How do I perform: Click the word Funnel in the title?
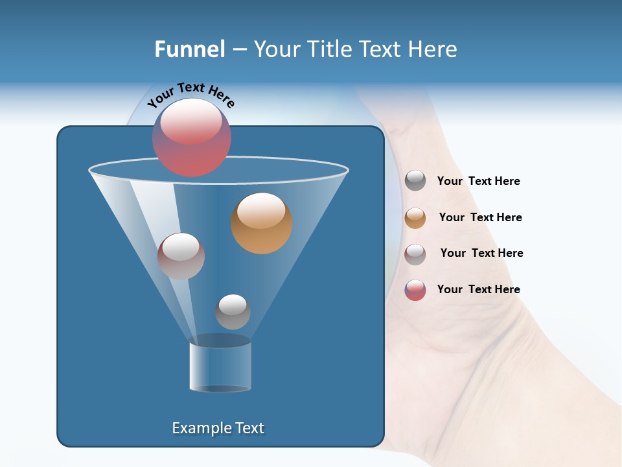pyautogui.click(x=189, y=49)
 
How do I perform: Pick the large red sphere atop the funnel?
pyautogui.click(x=192, y=138)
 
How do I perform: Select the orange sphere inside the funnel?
pyautogui.click(x=261, y=223)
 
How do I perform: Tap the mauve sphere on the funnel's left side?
pyautogui.click(x=181, y=256)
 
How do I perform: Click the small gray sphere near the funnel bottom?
pyautogui.click(x=233, y=312)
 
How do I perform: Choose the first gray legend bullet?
pyautogui.click(x=415, y=181)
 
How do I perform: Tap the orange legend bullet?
pyautogui.click(x=415, y=218)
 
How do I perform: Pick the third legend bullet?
pyautogui.click(x=415, y=254)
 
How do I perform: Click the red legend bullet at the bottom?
pyautogui.click(x=415, y=290)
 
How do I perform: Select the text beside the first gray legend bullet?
pyautogui.click(x=478, y=181)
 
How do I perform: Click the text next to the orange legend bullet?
pyautogui.click(x=480, y=217)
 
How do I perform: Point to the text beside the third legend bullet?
pyautogui.click(x=481, y=253)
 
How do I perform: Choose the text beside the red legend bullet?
pyautogui.click(x=478, y=289)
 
